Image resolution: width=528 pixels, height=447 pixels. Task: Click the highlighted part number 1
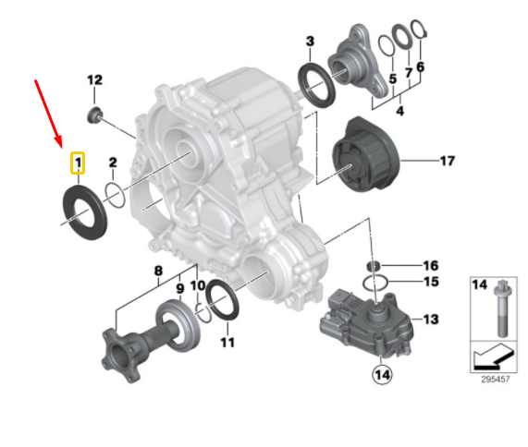(79, 164)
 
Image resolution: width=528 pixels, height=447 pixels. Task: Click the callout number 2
(113, 164)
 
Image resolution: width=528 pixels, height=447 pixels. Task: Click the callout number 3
(310, 42)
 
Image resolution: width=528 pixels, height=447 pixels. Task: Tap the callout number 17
(447, 162)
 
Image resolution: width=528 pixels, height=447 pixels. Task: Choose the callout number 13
(430, 320)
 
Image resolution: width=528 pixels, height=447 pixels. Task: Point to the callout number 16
(430, 265)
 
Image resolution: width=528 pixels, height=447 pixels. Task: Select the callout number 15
(430, 282)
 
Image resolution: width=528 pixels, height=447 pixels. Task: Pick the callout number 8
(158, 271)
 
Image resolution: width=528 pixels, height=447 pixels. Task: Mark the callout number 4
(399, 111)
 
